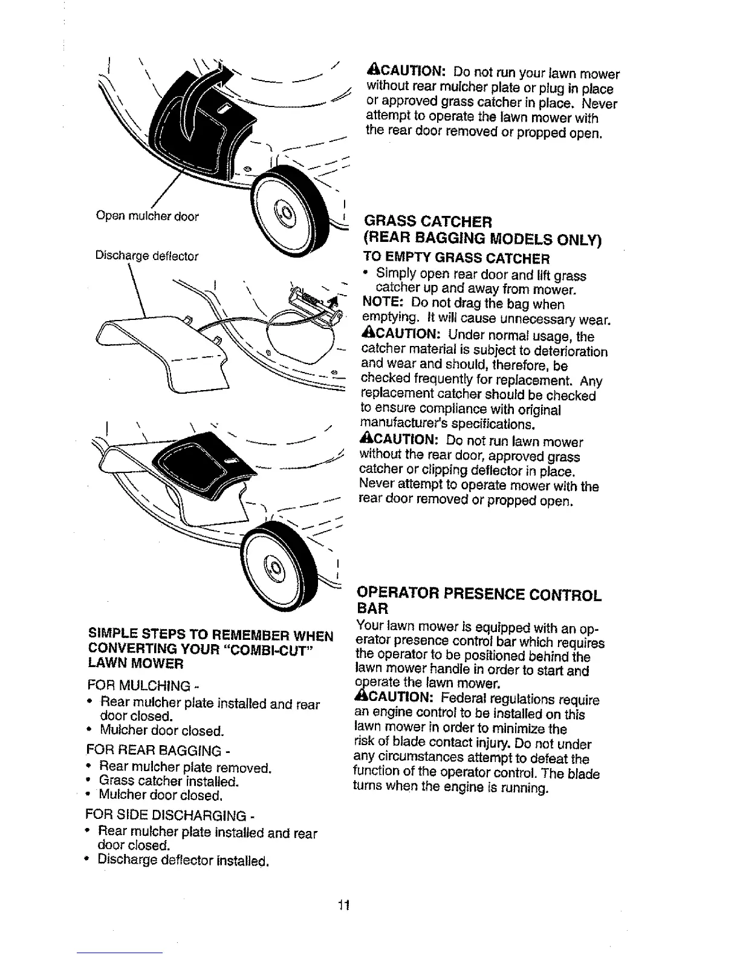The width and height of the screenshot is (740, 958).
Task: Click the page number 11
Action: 345,905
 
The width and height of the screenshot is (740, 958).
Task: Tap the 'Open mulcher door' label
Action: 147,216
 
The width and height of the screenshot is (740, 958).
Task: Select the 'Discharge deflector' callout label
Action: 146,256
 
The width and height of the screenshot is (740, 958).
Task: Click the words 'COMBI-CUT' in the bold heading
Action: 286,650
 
